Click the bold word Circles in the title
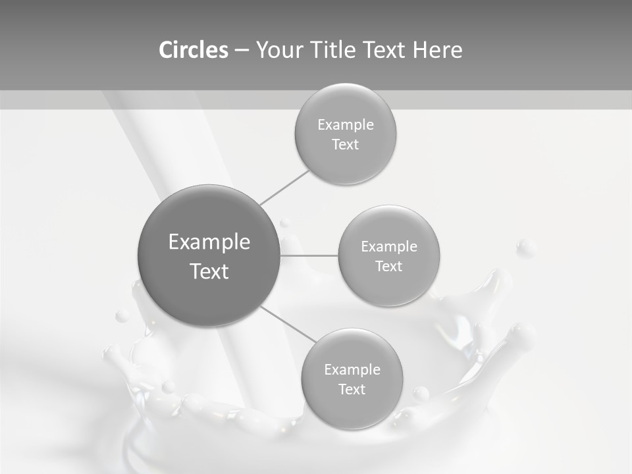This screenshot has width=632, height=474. tap(194, 50)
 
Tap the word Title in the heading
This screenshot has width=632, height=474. tap(337, 50)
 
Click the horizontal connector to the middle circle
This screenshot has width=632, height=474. tap(309, 255)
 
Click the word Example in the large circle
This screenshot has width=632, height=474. tap(209, 242)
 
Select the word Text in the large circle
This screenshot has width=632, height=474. tap(209, 271)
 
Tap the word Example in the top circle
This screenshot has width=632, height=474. tap(346, 125)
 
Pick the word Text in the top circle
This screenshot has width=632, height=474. tap(346, 145)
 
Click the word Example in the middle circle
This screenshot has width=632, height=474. tap(389, 247)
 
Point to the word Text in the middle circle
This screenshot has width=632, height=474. tap(389, 267)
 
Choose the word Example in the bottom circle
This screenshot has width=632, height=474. tap(352, 370)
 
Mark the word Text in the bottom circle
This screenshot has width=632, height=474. tap(352, 390)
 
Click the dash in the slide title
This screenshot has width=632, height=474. tap(242, 51)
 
